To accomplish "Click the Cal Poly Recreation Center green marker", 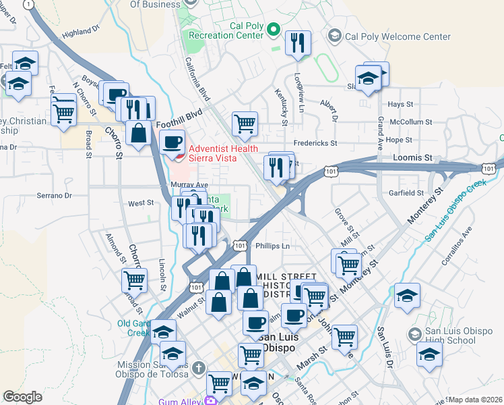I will pyautogui.click(x=274, y=29).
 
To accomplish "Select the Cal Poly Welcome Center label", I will pyautogui.click(x=397, y=36).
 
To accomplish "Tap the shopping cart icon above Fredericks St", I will pyautogui.click(x=245, y=124).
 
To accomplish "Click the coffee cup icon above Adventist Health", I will pyautogui.click(x=173, y=142).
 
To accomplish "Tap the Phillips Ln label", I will pyautogui.click(x=272, y=246).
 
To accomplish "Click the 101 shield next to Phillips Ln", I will pyautogui.click(x=241, y=246).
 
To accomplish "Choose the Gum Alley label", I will pyautogui.click(x=180, y=402).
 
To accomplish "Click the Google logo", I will pyautogui.click(x=22, y=397).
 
